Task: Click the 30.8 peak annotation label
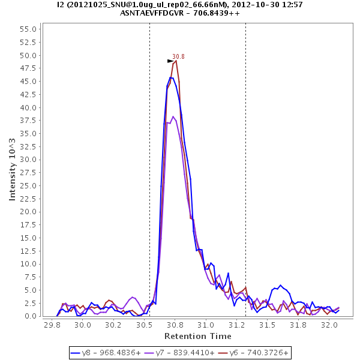178,56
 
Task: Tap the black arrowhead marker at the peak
170,61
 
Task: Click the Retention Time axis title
198,335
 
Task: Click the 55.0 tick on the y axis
29,29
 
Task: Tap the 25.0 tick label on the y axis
29,185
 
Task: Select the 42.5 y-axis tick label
29,94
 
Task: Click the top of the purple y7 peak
173,116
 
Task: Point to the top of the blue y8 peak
171,77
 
